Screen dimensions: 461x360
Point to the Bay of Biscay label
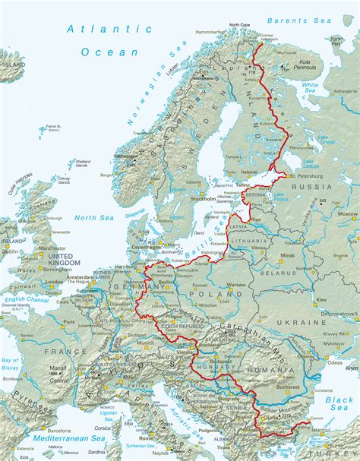[11, 364]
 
